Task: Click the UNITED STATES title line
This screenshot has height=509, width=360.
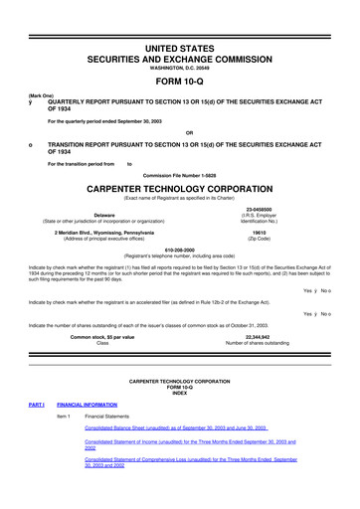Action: coord(179,21)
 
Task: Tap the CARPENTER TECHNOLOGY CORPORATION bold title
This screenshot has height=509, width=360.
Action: coord(179,186)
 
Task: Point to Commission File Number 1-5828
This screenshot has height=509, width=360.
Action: coord(179,174)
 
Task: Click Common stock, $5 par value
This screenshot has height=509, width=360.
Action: coord(102,337)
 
